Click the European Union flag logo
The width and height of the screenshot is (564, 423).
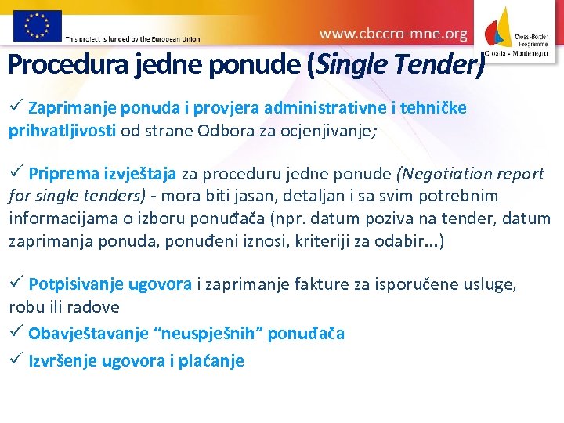click(37, 25)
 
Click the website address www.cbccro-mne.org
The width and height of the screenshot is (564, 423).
click(393, 34)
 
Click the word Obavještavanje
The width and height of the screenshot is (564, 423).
click(89, 334)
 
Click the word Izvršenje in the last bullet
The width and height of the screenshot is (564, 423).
click(62, 360)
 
